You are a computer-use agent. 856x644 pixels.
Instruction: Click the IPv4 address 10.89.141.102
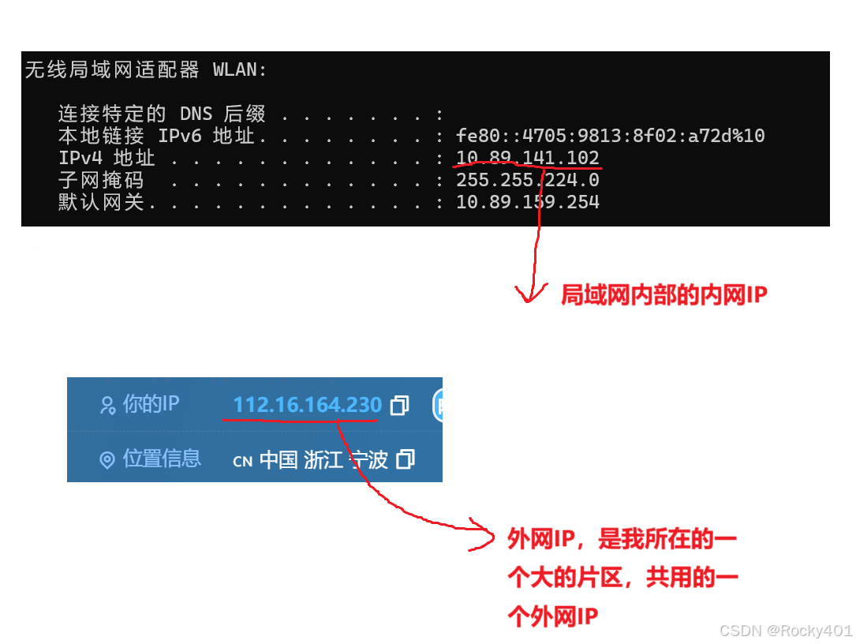[x=527, y=158]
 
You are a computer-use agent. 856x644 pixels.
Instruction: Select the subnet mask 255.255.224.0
[x=527, y=180]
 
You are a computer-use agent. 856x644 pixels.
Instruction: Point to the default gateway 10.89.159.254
[x=527, y=202]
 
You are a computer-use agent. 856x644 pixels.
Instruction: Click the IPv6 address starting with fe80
[x=610, y=136]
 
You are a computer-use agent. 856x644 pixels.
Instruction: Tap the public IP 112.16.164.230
[x=307, y=405]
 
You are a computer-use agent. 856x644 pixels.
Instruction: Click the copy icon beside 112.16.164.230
[x=400, y=406]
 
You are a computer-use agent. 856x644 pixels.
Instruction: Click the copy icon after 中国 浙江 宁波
[x=405, y=459]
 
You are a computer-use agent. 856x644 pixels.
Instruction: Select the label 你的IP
[x=151, y=404]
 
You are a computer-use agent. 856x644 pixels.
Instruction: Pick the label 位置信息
[x=162, y=459]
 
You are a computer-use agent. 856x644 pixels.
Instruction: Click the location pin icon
[x=107, y=460]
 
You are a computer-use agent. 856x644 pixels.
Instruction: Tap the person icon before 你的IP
[x=107, y=406]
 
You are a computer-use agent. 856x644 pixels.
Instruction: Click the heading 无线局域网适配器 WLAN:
[x=146, y=69]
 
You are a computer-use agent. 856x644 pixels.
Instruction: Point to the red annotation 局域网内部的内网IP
[x=663, y=295]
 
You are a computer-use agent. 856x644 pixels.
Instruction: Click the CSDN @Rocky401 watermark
[x=784, y=630]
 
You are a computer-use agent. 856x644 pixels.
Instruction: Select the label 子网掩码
[x=101, y=180]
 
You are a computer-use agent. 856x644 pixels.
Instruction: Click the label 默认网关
[x=101, y=202]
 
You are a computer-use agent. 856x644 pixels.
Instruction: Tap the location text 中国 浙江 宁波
[x=323, y=459]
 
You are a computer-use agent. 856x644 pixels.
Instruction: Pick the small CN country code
[x=242, y=462]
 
